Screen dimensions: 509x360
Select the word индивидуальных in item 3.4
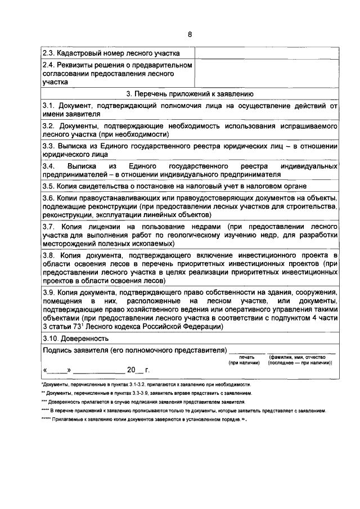tap(311, 167)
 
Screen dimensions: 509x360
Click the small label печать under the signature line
tap(246, 357)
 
